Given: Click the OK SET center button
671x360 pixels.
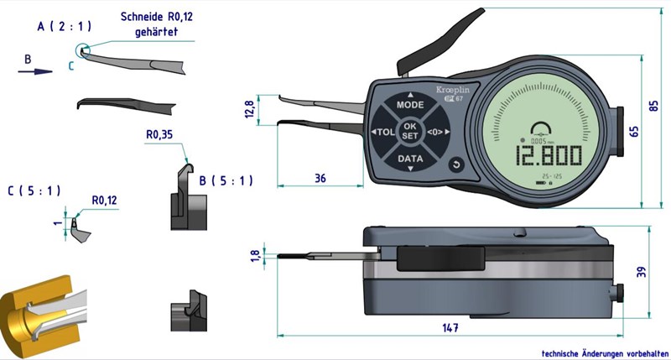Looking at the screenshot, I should tap(409, 131).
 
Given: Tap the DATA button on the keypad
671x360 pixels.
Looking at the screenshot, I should tap(410, 158).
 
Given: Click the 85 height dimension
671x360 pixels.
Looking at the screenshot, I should tap(655, 107).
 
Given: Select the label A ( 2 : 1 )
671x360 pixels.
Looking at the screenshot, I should tap(65, 27).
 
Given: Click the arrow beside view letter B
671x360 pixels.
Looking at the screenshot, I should tap(30, 72).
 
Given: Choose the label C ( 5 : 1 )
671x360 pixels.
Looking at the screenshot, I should tap(33, 190).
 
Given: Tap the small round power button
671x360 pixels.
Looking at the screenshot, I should tap(456, 164).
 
